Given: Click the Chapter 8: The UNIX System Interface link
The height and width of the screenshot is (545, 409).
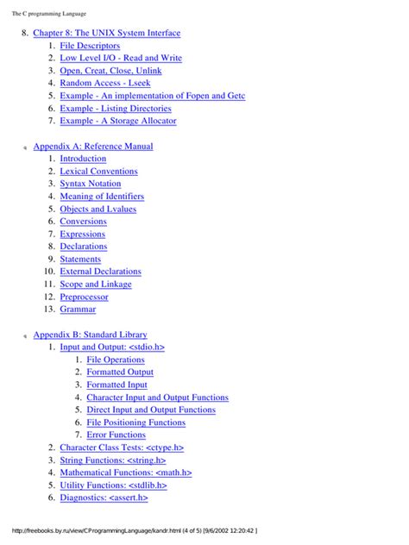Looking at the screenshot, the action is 107,33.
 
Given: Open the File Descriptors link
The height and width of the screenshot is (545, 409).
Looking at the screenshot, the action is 90,46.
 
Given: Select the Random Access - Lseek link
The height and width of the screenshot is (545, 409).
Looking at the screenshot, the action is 104,84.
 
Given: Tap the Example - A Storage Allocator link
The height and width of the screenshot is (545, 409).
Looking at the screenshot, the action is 118,121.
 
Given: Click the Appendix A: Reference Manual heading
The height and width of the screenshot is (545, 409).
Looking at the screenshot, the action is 93,147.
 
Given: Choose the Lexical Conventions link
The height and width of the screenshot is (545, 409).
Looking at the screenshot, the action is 98,172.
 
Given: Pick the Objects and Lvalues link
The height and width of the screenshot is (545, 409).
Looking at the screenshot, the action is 98,209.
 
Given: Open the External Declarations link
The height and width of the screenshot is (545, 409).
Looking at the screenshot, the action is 100,272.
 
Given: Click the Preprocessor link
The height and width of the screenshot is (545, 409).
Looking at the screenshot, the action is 85,297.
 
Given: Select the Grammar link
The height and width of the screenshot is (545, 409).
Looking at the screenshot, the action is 78,309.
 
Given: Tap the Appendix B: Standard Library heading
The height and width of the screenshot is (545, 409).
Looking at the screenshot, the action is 90,335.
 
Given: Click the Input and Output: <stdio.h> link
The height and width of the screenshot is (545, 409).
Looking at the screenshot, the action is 112,347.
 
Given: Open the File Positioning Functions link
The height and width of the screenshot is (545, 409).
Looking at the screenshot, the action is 136,423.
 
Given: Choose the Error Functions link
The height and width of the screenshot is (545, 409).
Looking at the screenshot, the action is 116,435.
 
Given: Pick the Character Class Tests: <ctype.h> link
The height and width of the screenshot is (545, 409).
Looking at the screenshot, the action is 122,448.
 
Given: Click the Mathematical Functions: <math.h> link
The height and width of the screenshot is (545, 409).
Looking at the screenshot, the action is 126,473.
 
